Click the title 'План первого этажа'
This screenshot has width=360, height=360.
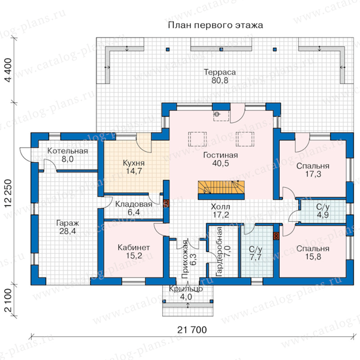click(x=215, y=25)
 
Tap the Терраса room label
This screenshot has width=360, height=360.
click(x=220, y=72)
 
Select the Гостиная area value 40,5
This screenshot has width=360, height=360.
click(x=220, y=163)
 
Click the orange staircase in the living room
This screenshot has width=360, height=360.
click(x=221, y=187)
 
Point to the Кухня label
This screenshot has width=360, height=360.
click(x=134, y=163)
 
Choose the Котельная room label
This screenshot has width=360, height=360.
click(x=67, y=151)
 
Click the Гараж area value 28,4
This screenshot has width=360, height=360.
click(x=67, y=231)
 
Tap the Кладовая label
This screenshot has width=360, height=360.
click(x=134, y=204)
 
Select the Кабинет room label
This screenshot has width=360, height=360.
click(x=134, y=247)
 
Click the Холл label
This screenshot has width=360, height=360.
click(x=220, y=207)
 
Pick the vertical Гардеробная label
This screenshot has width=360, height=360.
click(x=219, y=252)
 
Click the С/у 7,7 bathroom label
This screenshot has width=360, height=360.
click(x=256, y=253)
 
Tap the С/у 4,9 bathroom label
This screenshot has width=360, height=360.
click(x=322, y=211)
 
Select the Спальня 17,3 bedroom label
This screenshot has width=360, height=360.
click(x=313, y=170)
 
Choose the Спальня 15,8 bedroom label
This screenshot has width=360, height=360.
click(x=313, y=253)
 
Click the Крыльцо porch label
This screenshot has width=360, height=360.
click(x=186, y=289)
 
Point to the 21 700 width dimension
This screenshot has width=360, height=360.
click(x=192, y=330)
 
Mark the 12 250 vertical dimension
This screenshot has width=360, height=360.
click(x=8, y=193)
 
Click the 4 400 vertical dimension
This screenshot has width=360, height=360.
click(x=8, y=70)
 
